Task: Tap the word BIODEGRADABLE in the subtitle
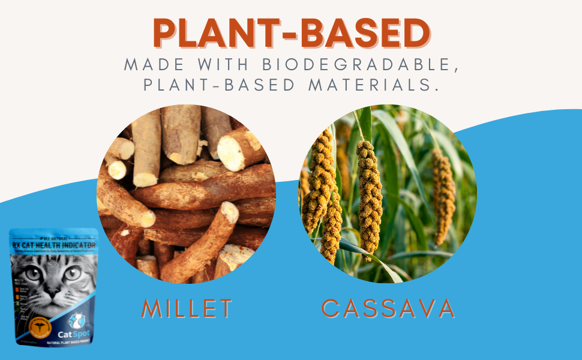(x=356, y=65)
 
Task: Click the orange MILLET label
(x=187, y=308)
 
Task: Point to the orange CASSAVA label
(x=388, y=308)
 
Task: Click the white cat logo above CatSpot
(x=77, y=320)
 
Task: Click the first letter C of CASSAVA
(x=331, y=308)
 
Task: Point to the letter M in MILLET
(x=152, y=308)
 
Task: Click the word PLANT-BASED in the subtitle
(x=219, y=85)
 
